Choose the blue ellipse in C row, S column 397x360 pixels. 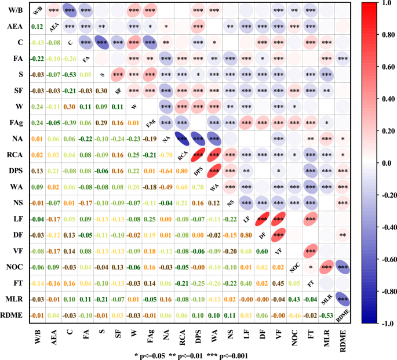pyautogui.click(x=102, y=43)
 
